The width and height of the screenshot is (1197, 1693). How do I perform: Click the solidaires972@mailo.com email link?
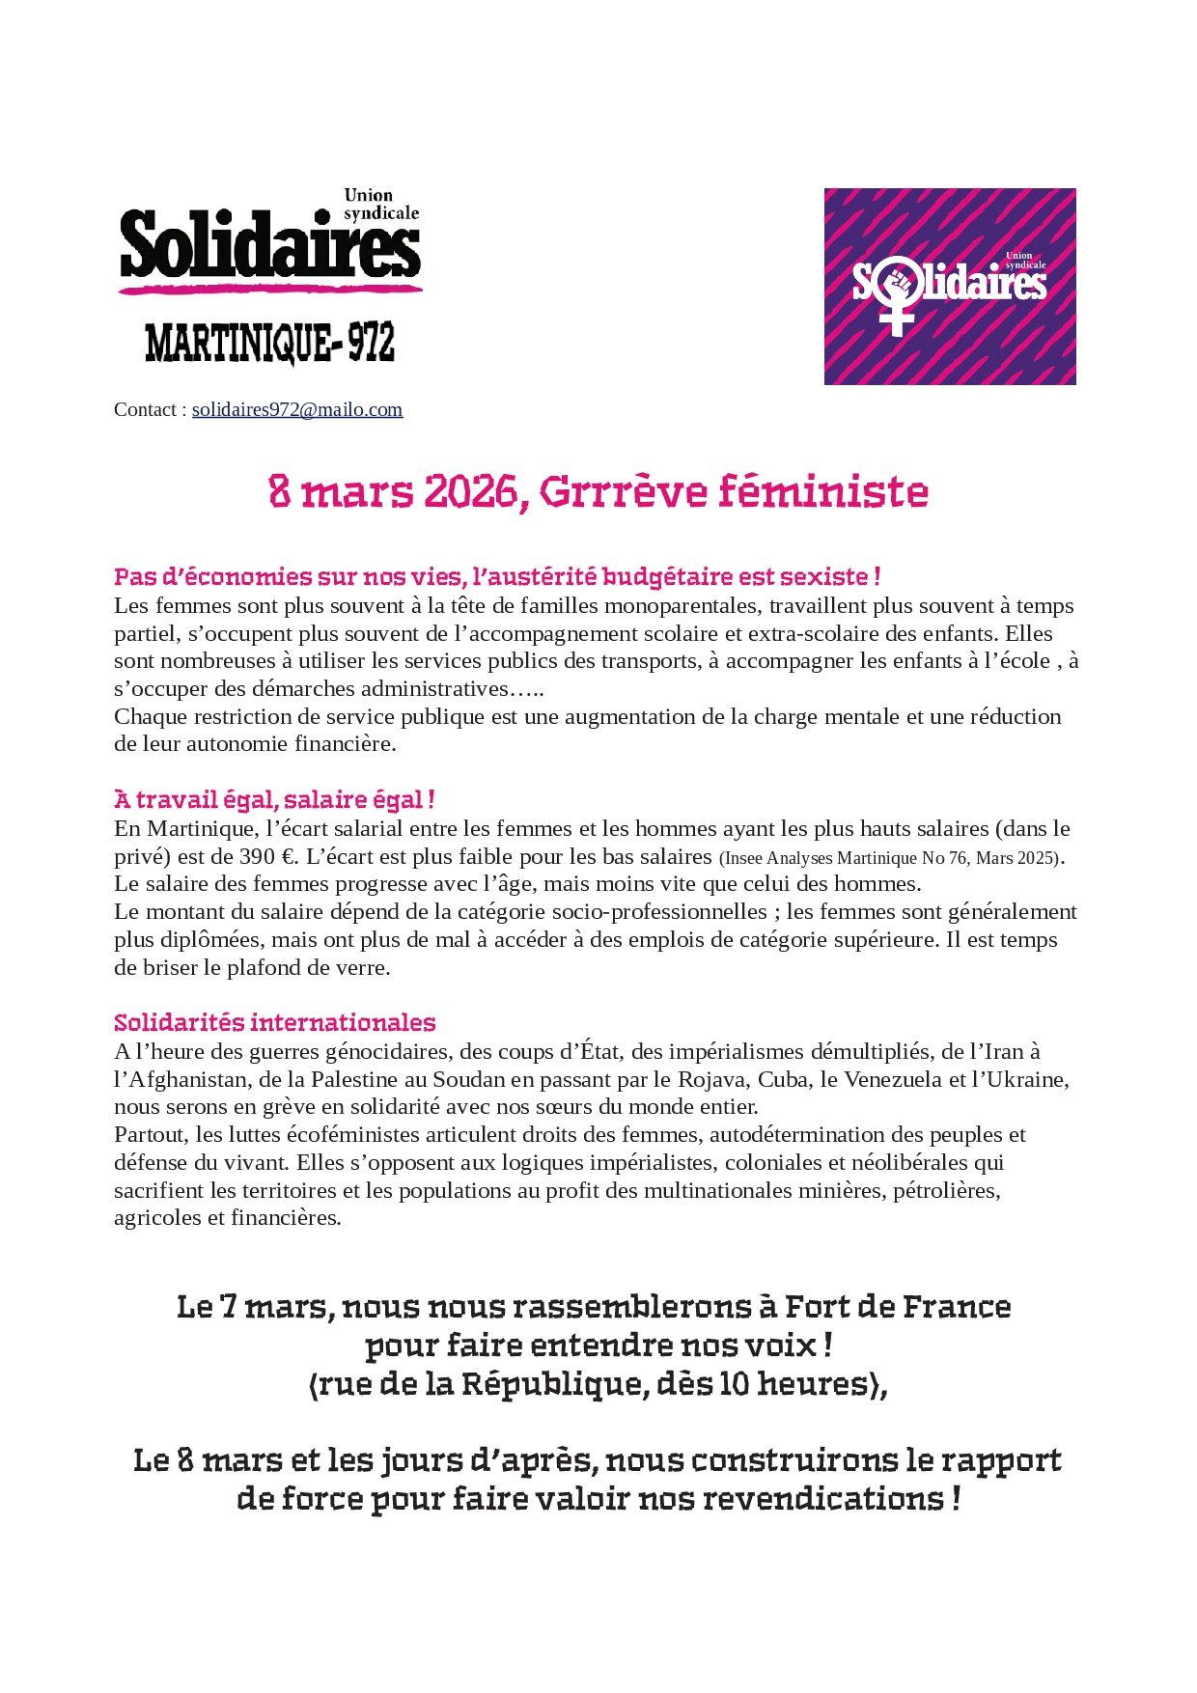point(297,409)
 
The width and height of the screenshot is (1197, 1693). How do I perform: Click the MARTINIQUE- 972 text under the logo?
point(270,343)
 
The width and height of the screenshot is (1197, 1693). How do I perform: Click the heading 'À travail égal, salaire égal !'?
point(274,799)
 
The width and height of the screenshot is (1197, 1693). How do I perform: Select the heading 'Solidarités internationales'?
point(274,1022)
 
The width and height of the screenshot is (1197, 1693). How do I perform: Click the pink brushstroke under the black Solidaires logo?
point(270,288)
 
